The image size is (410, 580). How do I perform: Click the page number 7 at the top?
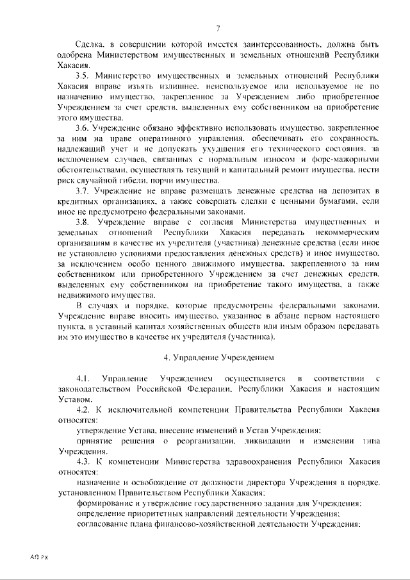pos(218,27)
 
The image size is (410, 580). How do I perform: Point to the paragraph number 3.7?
pos(85,192)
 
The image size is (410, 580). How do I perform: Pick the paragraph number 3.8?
pos(85,222)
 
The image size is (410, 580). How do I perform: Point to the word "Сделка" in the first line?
pos(91,45)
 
